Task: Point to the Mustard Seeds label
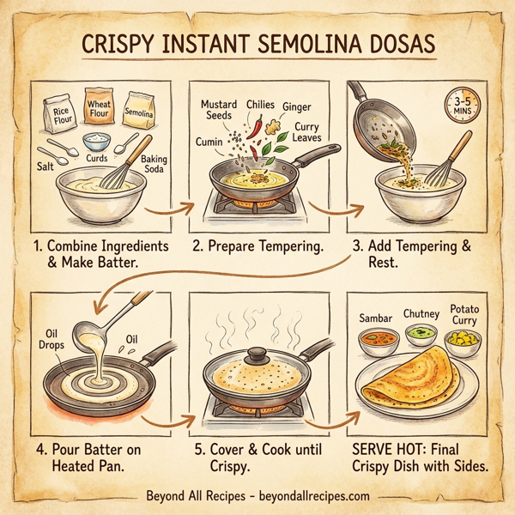pyautogui.click(x=219, y=110)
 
